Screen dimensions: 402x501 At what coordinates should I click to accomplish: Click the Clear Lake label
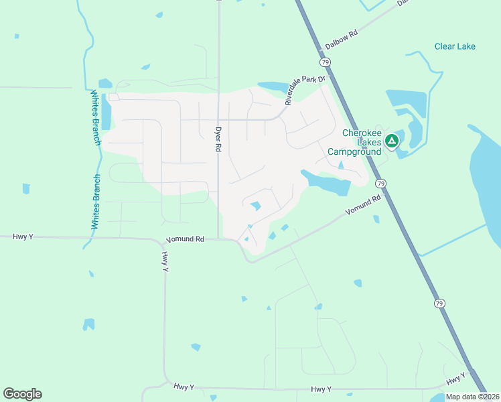pos(455,46)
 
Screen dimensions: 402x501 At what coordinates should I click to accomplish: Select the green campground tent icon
pos(392,141)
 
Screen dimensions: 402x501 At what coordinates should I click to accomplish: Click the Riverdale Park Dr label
pos(305,90)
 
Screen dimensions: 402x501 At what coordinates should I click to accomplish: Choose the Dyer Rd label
pos(218,139)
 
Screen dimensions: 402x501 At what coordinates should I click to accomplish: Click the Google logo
pos(22,394)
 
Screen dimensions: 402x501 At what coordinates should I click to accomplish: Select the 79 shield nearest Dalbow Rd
pos(325,62)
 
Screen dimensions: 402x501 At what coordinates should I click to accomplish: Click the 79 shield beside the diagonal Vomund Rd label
pos(380,183)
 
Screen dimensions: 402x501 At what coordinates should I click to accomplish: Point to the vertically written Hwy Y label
pos(164,261)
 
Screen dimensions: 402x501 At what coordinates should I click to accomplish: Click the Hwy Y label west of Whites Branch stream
pos(22,237)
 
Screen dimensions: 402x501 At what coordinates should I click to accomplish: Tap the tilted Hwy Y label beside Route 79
pos(455,379)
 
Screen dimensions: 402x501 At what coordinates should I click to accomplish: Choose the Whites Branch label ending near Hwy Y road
pos(95,202)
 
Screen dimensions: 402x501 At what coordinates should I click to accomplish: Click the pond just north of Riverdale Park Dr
pos(271,86)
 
